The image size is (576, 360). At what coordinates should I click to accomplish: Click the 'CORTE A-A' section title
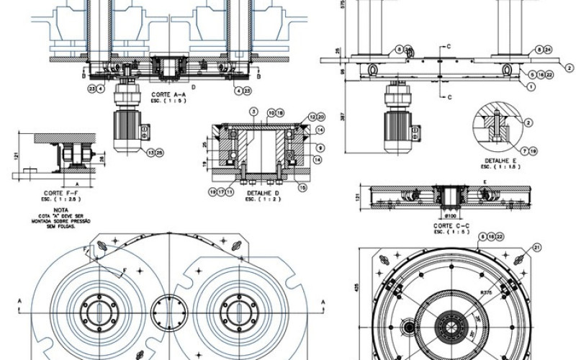click(169, 94)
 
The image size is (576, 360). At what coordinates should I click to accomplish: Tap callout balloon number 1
click(531, 86)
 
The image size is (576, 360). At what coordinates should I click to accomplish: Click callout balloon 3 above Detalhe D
click(253, 112)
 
